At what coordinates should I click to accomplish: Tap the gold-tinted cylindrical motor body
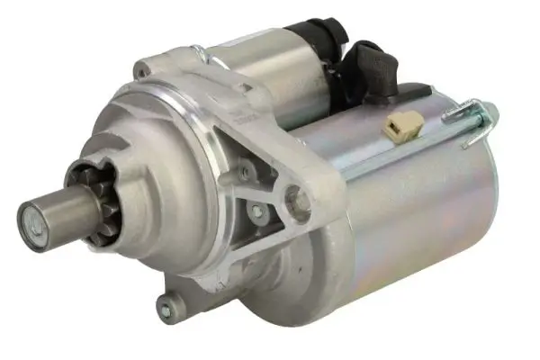pyautogui.click(x=405, y=216)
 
